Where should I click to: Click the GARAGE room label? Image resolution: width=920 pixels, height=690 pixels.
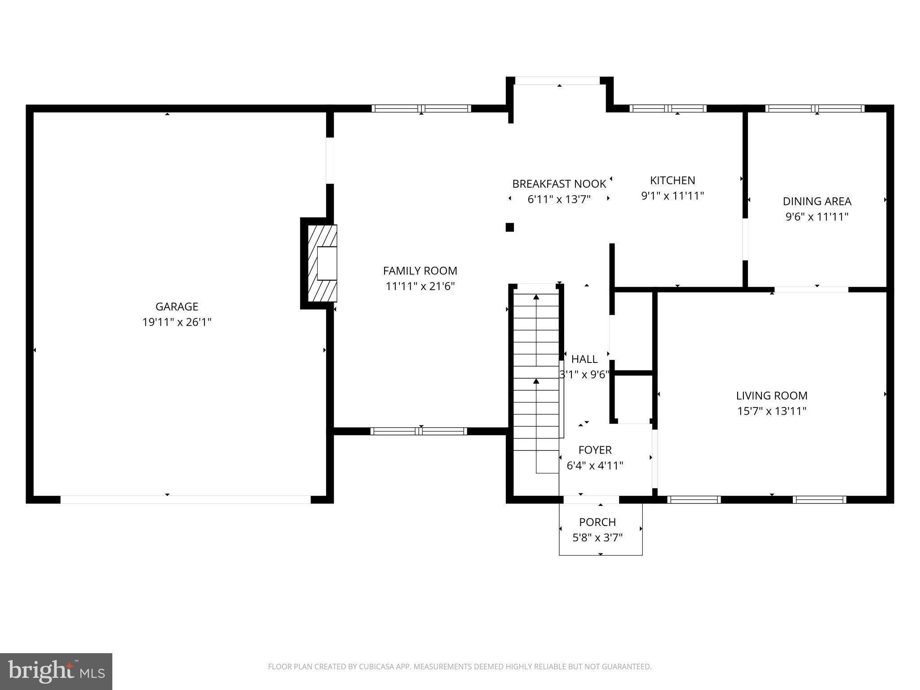click(177, 306)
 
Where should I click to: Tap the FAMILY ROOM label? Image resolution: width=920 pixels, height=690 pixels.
click(420, 271)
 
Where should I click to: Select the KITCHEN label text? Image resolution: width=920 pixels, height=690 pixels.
click(672, 181)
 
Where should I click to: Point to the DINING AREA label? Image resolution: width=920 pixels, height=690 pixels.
click(817, 201)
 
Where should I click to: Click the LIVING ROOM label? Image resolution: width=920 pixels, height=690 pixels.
click(772, 396)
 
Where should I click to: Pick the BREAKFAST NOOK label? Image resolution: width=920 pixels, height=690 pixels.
click(559, 184)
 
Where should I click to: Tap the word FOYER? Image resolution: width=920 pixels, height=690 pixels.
click(595, 450)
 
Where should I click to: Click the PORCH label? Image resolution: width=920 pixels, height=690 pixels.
click(597, 522)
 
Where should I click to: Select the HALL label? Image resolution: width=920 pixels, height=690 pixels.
click(584, 359)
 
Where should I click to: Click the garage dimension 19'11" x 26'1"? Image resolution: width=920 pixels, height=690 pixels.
click(177, 322)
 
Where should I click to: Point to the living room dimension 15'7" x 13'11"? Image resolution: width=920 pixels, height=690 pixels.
click(772, 411)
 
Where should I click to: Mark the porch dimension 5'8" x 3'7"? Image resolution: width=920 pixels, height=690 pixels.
click(597, 538)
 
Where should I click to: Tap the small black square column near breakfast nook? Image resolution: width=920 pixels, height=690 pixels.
click(509, 227)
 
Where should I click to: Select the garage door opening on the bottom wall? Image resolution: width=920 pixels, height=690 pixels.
click(186, 500)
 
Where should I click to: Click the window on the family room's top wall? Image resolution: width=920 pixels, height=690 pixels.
click(421, 108)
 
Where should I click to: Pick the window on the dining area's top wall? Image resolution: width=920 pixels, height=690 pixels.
click(815, 108)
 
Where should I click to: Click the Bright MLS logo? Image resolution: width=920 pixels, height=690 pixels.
click(56, 672)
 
